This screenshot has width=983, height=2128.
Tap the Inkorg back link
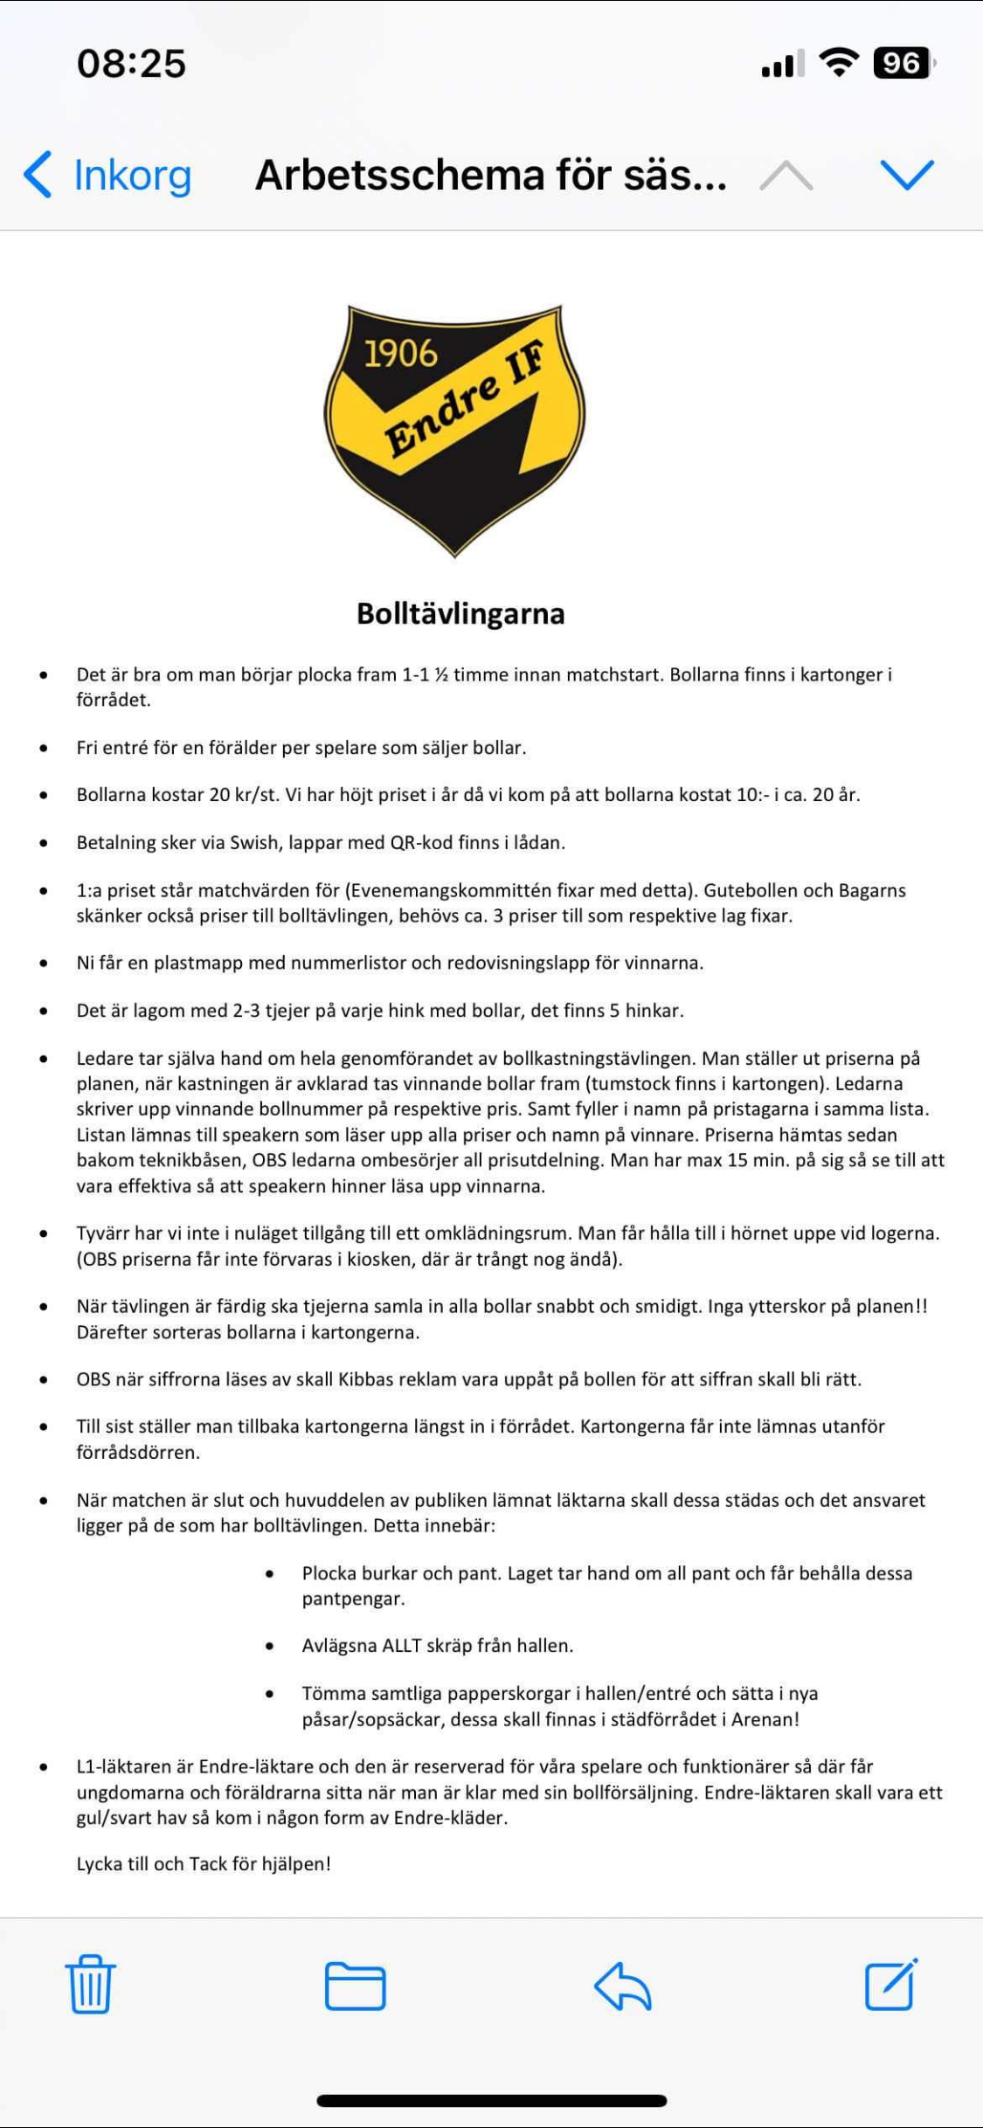(108, 175)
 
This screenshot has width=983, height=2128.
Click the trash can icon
(90, 1985)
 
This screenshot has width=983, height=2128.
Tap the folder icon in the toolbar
(355, 1986)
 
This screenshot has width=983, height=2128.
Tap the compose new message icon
(890, 1985)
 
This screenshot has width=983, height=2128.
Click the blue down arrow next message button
(907, 175)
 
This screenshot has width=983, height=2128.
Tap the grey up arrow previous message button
(786, 175)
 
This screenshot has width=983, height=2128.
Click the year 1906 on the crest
(400, 354)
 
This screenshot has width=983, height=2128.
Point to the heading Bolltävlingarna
(460, 613)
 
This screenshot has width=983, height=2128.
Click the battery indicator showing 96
(903, 63)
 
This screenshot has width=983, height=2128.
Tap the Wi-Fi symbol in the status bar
(838, 63)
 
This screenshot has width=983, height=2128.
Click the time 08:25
(131, 63)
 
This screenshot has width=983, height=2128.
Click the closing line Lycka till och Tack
(204, 1863)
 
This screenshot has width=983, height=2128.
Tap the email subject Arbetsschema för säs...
(490, 175)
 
